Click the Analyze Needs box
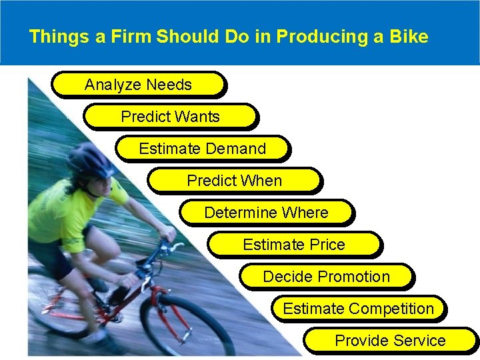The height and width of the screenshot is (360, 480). pos(138,85)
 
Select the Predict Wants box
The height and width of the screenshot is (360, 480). pos(170,117)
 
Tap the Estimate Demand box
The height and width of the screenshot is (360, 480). pos(202,149)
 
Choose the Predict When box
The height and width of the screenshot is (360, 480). pos(234,181)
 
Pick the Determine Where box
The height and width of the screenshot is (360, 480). pos(266,213)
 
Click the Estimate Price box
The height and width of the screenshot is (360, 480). pos(294,245)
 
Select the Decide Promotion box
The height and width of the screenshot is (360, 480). pos(326,277)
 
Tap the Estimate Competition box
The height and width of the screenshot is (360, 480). pos(358,309)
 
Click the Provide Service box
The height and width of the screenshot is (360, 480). pos(390,341)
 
